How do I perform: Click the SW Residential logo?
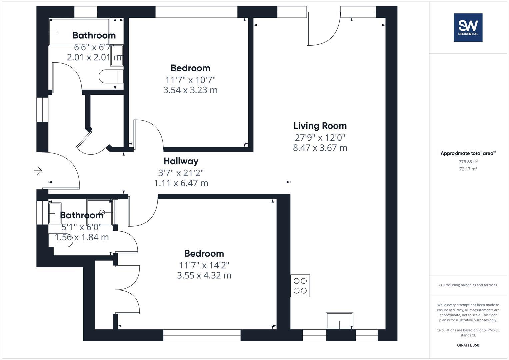pyautogui.click(x=468, y=28)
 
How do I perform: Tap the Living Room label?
pyautogui.click(x=320, y=126)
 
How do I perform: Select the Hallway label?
pyautogui.click(x=181, y=161)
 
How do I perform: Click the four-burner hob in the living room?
pyautogui.click(x=300, y=286)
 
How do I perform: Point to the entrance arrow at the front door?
pyautogui.click(x=38, y=171)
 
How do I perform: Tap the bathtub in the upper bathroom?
pyautogui.click(x=79, y=32)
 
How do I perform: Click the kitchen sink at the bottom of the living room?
pyautogui.click(x=339, y=320)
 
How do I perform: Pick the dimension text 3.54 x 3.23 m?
pyautogui.click(x=190, y=90)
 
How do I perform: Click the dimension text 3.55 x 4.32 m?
pyautogui.click(x=204, y=276)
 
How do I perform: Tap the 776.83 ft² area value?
pyautogui.click(x=468, y=162)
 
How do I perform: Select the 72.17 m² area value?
pyautogui.click(x=468, y=169)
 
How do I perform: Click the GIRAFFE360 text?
pyautogui.click(x=468, y=345)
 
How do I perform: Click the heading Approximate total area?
pyautogui.click(x=468, y=153)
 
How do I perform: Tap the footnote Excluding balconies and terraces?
pyautogui.click(x=468, y=285)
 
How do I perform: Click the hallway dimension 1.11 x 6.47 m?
pyautogui.click(x=181, y=183)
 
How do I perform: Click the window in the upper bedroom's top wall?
pyautogui.click(x=196, y=12)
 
